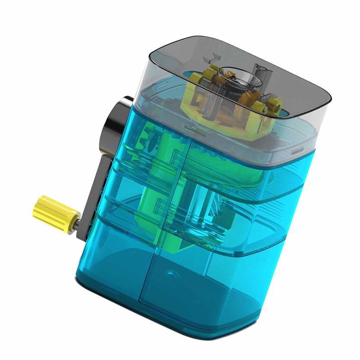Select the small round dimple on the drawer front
click(171, 273)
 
